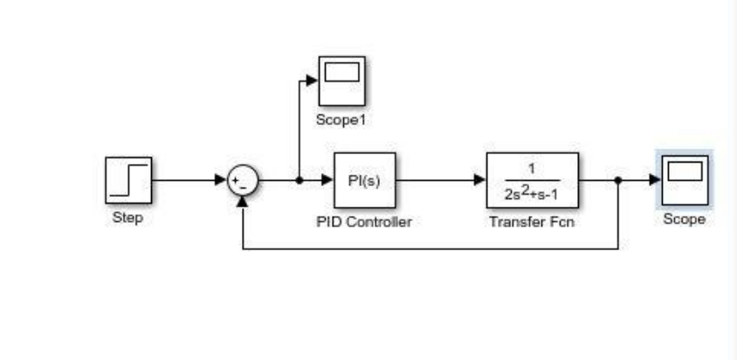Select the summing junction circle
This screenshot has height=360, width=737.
click(242, 181)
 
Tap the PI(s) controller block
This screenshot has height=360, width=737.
click(364, 181)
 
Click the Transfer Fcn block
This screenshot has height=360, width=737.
click(533, 181)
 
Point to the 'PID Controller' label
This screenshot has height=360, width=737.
click(364, 222)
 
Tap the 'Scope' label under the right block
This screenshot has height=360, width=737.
click(684, 219)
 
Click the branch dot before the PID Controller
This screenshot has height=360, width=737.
click(300, 181)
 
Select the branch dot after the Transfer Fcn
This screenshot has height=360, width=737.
click(618, 181)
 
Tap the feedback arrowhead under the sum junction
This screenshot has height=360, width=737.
click(242, 201)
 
